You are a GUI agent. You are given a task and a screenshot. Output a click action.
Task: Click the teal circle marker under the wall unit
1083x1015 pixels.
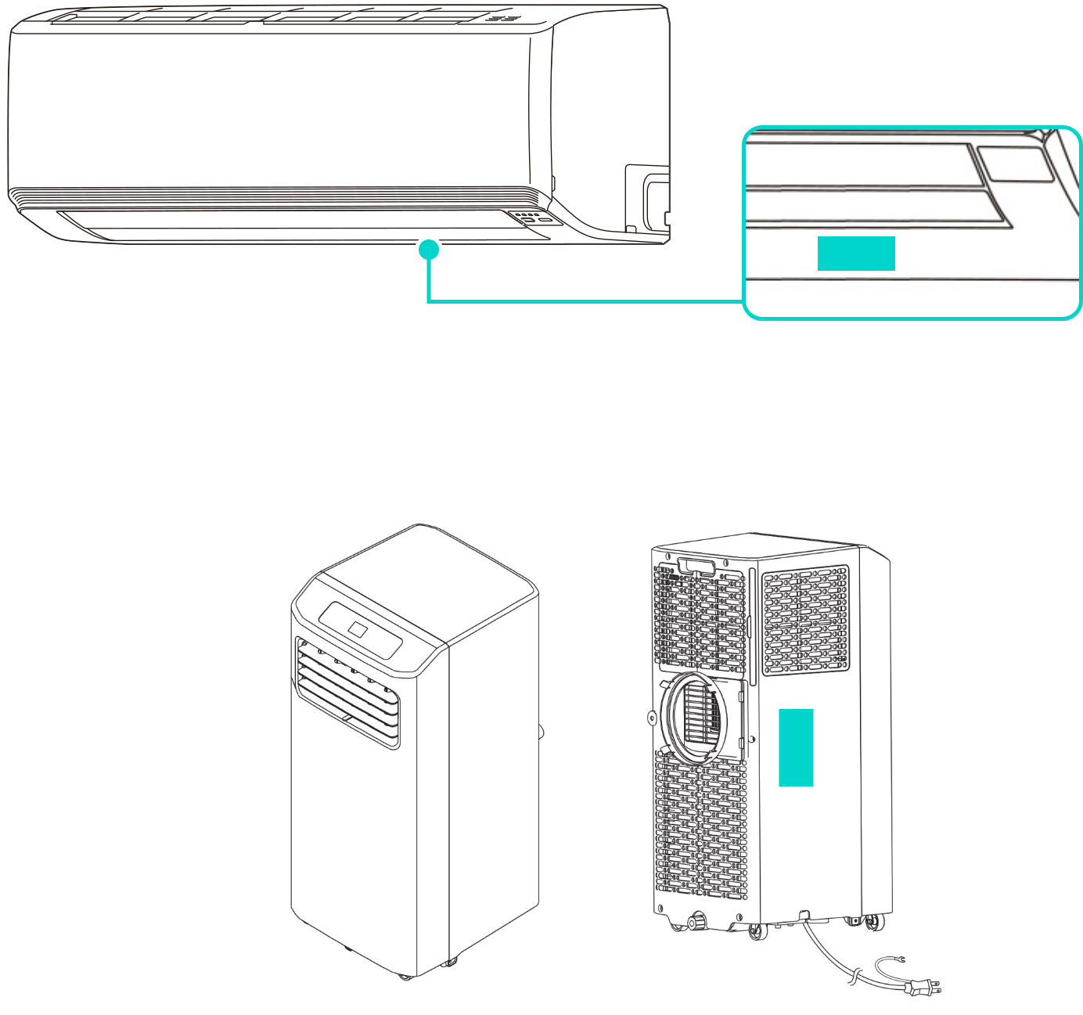pos(429,250)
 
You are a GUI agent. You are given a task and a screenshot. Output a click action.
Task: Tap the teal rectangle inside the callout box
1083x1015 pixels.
pos(856,254)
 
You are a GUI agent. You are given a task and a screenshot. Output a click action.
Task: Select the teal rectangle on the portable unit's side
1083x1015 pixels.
pos(796,747)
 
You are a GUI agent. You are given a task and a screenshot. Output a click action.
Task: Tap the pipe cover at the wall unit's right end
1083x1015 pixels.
pos(648,197)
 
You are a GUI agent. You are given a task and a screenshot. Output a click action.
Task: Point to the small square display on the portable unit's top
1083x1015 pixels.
pos(358,628)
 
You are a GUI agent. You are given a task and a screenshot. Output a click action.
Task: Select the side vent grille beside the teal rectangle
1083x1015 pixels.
pos(806,620)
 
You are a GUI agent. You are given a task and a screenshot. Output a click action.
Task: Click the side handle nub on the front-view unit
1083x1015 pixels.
pos(541,730)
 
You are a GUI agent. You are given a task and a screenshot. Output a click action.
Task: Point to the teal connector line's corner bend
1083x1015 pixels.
pos(429,301)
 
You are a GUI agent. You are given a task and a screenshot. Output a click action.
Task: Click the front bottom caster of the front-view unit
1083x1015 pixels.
pos(405,977)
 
